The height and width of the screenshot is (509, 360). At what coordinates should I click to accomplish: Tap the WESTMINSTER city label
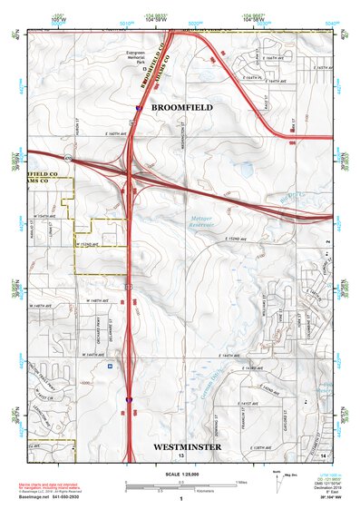tap(188, 447)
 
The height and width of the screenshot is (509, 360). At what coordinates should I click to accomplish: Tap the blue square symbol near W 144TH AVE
tap(110, 367)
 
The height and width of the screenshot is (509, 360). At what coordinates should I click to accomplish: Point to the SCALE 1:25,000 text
tap(180, 475)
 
